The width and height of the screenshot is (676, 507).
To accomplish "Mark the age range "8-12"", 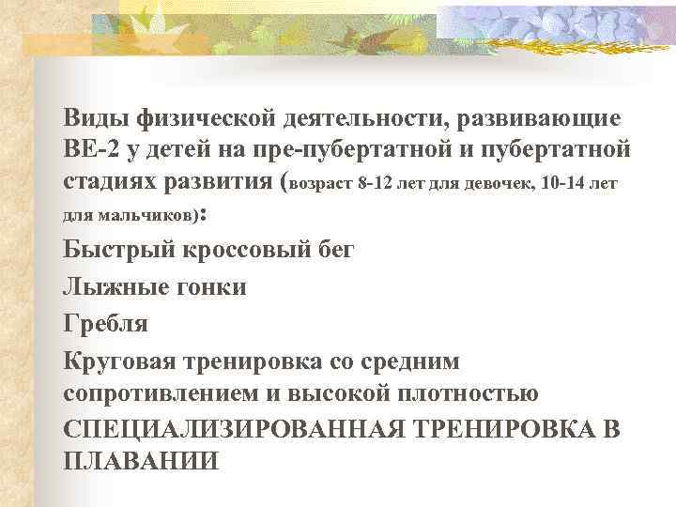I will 378,181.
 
